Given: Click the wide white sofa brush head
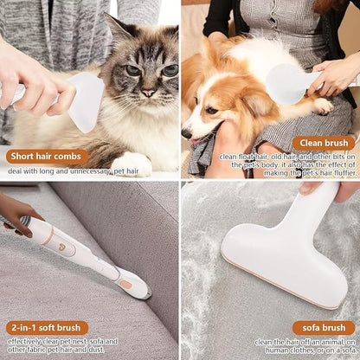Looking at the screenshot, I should pyautogui.click(x=277, y=260).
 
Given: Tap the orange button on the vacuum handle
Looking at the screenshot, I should pyautogui.click(x=125, y=283).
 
